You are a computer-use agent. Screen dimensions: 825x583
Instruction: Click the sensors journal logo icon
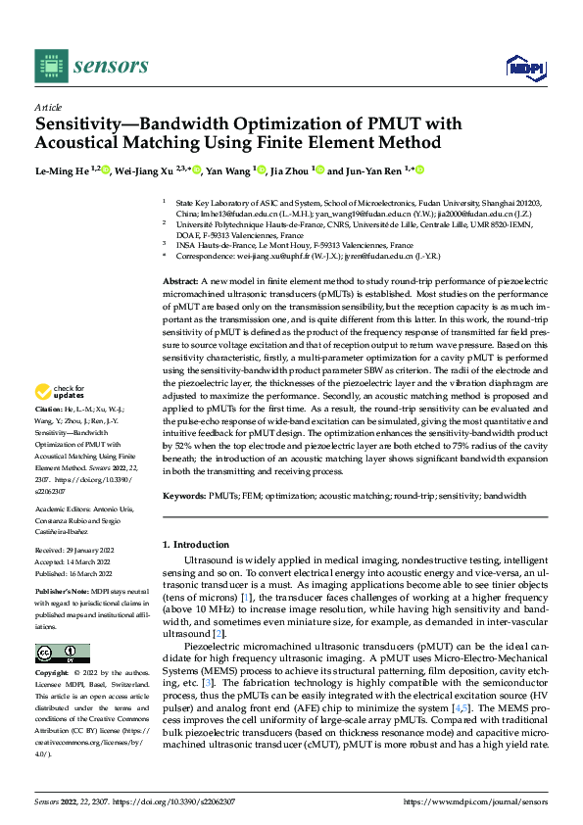pos(50,66)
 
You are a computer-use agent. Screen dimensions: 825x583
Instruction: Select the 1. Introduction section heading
pos(199,544)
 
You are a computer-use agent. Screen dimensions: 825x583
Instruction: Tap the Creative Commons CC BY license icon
pos(63,653)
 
